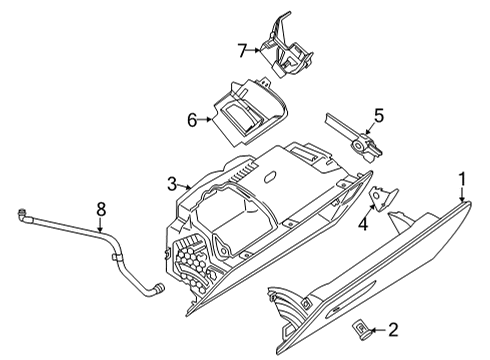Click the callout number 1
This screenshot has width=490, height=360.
tap(463, 179)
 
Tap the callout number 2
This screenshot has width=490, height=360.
tap(393, 328)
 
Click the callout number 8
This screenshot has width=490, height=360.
tap(100, 209)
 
